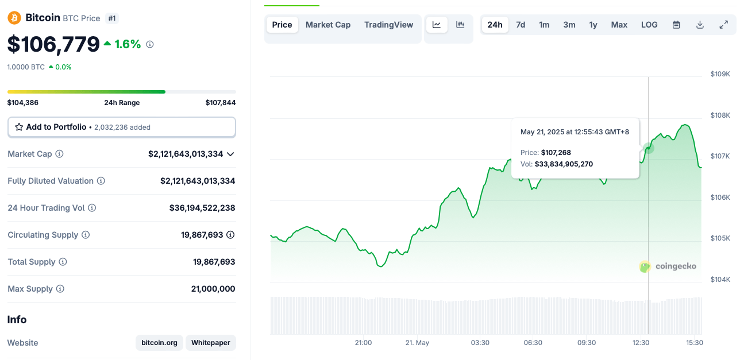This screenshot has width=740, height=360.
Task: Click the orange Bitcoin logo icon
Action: click(x=14, y=18)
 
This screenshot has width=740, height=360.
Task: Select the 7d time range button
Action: click(x=521, y=25)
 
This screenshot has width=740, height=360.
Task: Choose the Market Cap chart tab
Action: click(x=328, y=25)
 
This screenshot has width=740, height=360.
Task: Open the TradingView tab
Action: click(x=388, y=25)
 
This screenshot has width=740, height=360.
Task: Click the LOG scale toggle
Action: click(x=649, y=25)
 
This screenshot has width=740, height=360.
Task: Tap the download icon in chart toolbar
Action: click(x=700, y=25)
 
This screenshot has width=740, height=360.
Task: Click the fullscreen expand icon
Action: click(x=723, y=25)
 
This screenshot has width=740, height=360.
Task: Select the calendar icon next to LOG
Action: click(x=676, y=25)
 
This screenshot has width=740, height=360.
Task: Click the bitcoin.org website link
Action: click(x=159, y=343)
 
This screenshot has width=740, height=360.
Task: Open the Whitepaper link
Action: click(x=210, y=343)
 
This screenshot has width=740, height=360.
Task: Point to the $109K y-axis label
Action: click(x=720, y=74)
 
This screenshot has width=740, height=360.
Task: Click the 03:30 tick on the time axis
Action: click(x=480, y=343)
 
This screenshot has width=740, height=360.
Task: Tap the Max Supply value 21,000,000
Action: click(x=213, y=289)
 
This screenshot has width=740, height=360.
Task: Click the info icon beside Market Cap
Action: click(x=59, y=154)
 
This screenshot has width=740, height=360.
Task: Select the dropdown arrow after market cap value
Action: click(x=230, y=154)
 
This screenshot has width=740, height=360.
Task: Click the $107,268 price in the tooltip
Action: click(x=556, y=153)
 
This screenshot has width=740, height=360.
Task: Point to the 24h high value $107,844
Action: click(x=220, y=103)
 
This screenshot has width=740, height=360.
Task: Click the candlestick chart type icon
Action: click(x=460, y=25)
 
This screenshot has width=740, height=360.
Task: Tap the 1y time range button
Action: click(x=593, y=25)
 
